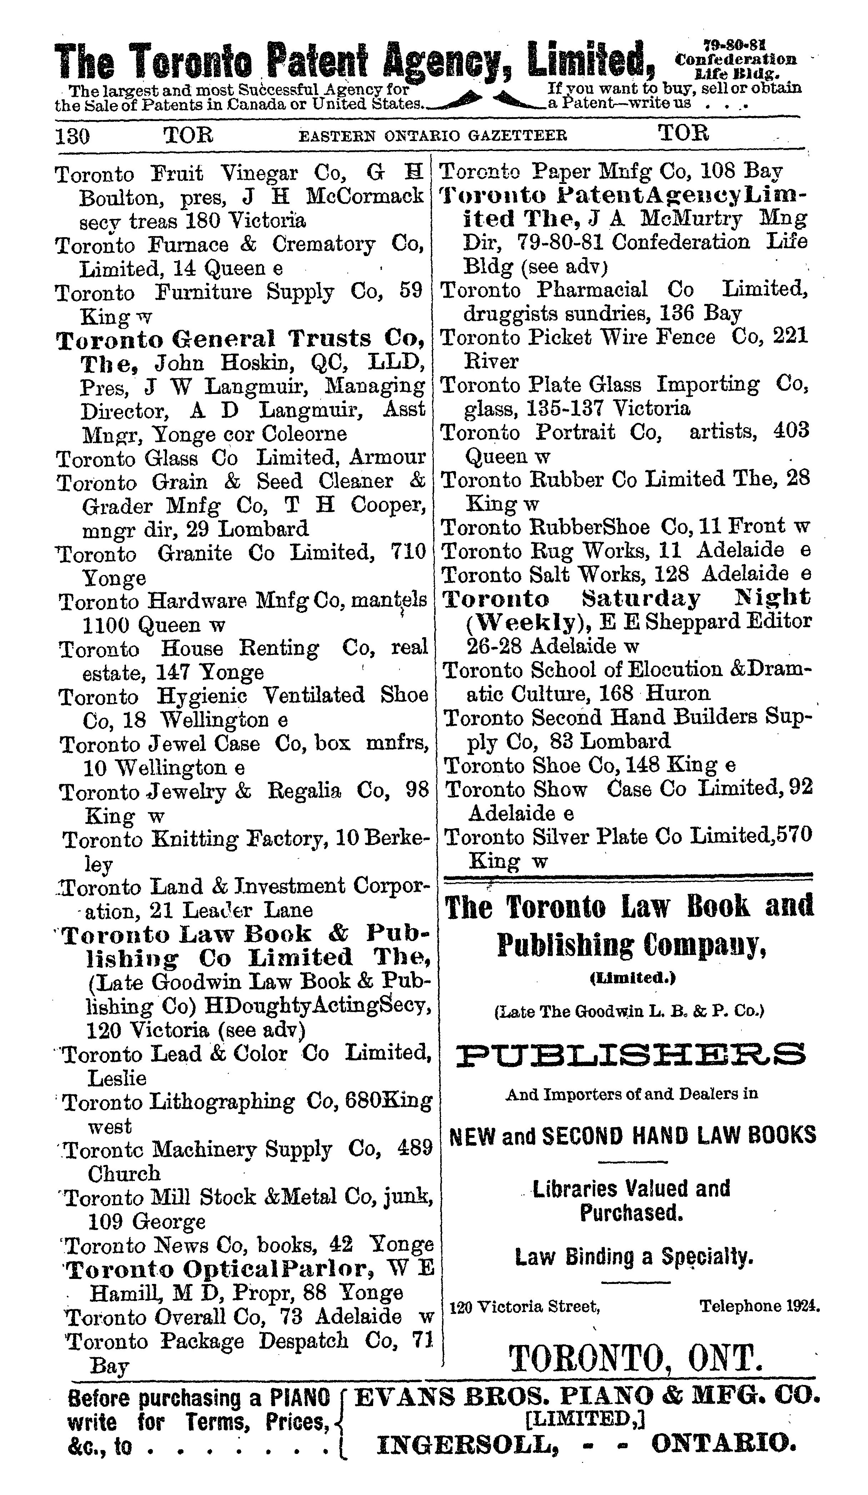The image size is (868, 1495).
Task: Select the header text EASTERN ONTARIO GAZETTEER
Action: coord(432,136)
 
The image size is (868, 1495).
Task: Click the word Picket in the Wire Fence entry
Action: coord(560,337)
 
